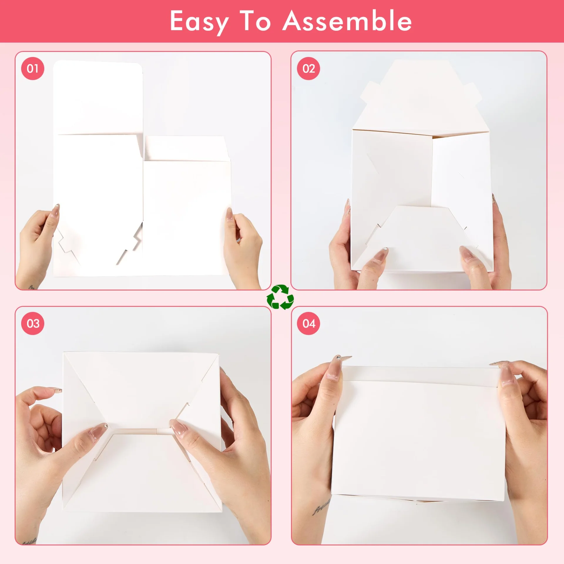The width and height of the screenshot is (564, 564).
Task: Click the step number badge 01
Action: tap(33, 68)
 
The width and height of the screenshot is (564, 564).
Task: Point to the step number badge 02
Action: tap(308, 68)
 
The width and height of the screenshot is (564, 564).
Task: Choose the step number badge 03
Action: tap(33, 323)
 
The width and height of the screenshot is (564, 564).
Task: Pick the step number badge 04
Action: tap(308, 323)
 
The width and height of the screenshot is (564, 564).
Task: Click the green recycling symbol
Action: tap(280, 297)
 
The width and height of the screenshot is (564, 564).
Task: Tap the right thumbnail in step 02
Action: tap(468, 254)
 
